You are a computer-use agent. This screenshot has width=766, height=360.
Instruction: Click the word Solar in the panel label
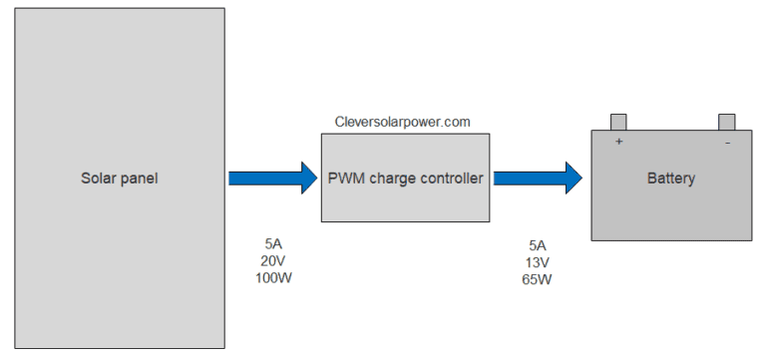(97, 180)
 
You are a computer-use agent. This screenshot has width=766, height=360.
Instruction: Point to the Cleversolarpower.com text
(403, 122)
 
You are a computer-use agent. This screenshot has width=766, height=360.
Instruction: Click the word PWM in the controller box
(346, 180)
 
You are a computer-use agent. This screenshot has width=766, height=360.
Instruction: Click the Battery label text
(670, 180)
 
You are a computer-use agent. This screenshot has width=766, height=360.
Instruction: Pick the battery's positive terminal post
(618, 122)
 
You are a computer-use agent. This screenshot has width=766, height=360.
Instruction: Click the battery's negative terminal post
(726, 122)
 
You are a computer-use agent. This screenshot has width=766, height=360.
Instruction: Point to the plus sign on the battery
(618, 142)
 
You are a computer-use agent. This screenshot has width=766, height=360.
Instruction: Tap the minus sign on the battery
(727, 142)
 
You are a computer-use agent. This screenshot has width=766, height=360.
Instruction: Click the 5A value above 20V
(273, 243)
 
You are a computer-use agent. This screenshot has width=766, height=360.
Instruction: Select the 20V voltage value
(273, 260)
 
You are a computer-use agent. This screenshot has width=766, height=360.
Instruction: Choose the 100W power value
(273, 277)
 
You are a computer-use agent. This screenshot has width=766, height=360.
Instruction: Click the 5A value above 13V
(538, 245)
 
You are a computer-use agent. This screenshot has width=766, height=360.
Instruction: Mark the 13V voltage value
(538, 262)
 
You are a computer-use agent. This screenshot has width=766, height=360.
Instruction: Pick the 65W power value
(538, 279)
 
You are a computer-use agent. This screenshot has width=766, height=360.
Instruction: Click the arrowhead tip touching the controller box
(314, 179)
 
